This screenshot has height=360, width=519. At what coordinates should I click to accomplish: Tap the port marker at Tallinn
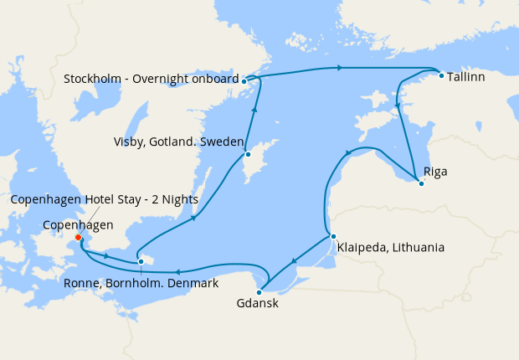[441, 75]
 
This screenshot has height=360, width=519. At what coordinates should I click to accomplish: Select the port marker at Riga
[421, 183]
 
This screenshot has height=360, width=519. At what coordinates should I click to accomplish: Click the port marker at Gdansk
[259, 292]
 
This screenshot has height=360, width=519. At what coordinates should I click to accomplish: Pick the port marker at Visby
[248, 155]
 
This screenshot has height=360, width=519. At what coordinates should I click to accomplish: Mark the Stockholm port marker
[244, 81]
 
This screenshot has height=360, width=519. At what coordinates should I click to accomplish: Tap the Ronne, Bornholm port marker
[141, 262]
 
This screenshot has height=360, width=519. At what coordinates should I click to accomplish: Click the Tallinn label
[466, 75]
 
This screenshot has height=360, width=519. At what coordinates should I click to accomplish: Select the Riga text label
[435, 172]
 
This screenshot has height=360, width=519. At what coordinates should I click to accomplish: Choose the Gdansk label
[258, 304]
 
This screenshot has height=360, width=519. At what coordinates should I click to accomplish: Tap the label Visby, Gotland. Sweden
[178, 141]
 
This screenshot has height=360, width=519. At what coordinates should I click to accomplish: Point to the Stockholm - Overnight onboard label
[151, 80]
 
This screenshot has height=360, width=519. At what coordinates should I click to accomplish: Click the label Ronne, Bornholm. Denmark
[141, 283]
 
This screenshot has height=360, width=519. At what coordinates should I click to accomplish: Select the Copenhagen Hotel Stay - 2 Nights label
[104, 199]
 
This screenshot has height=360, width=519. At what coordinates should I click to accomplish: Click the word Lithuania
[416, 248]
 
